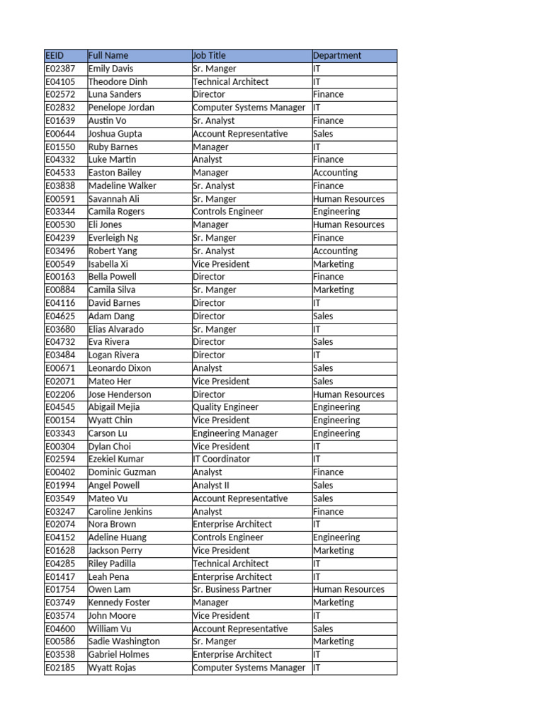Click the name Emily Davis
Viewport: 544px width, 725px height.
[x=110, y=69]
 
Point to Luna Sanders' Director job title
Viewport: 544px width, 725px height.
[x=209, y=94]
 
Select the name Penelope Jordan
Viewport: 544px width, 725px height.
[x=121, y=108]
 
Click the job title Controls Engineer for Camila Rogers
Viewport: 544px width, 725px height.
[x=227, y=212]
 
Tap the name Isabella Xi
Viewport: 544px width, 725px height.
[x=108, y=264]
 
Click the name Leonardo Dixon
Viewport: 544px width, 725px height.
[x=119, y=368]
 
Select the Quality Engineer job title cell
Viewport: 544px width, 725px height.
[x=225, y=407]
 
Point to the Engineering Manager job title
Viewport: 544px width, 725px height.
[x=234, y=433]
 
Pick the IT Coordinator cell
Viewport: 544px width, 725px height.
[x=221, y=459]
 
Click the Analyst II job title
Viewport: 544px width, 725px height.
[x=211, y=485]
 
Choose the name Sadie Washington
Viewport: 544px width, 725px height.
[x=124, y=641]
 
